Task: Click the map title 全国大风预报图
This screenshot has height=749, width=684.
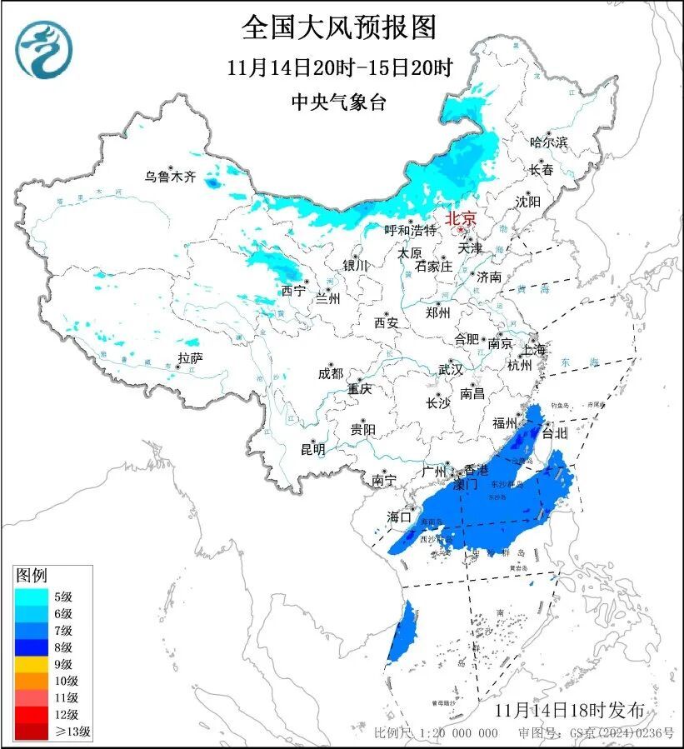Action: (x=339, y=27)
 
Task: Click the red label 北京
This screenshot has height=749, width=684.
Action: (x=461, y=218)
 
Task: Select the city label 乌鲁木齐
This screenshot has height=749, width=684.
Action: (x=169, y=177)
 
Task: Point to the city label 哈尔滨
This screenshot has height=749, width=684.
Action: (x=548, y=143)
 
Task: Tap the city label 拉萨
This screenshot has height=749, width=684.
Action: (x=190, y=359)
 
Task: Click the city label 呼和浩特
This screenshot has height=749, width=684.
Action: (x=411, y=230)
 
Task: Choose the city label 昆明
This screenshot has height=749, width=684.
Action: (x=312, y=449)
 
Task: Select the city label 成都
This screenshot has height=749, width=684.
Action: (x=330, y=374)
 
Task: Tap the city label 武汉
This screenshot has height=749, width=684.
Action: (x=451, y=369)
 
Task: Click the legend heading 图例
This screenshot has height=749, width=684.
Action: (x=32, y=576)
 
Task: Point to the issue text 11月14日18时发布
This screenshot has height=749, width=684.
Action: (x=569, y=711)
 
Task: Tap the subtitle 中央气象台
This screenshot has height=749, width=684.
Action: (x=339, y=102)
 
